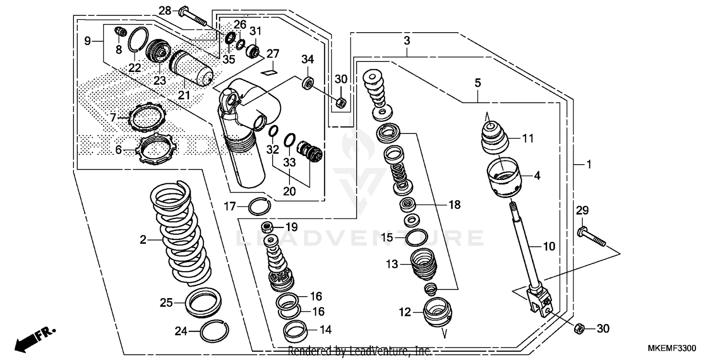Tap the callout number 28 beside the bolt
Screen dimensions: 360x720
165,11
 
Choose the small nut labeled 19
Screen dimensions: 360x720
268,226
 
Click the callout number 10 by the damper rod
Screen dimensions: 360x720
549,247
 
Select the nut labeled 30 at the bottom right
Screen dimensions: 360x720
579,328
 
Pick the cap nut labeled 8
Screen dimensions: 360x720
120,32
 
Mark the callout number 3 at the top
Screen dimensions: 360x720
407,41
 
